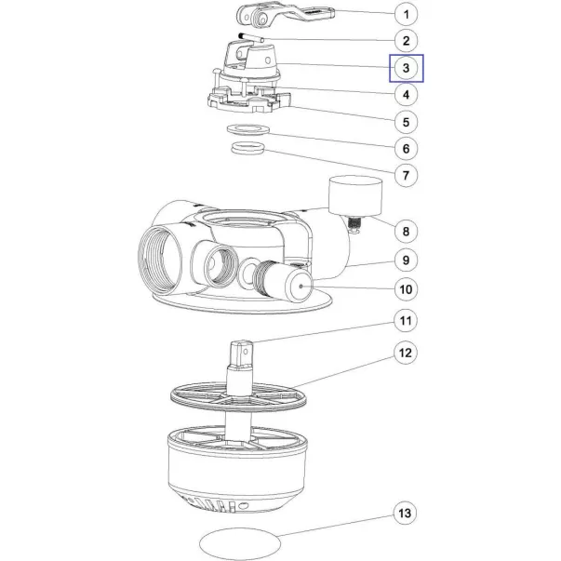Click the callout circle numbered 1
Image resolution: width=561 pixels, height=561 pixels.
pos(406,14)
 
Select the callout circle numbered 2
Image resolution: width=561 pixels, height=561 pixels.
pos(406,41)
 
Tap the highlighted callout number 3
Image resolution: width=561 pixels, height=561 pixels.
pos(406,68)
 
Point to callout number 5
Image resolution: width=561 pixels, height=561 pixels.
pos(406,122)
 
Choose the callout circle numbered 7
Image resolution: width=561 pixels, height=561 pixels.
pos(406,175)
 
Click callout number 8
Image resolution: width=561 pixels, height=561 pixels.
pos(406,231)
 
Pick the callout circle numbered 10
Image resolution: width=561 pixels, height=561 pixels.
pos(406,289)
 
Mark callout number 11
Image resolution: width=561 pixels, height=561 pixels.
pos(406,321)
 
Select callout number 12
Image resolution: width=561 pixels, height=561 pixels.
pos(406,353)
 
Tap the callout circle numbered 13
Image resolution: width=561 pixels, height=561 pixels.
pos(405,513)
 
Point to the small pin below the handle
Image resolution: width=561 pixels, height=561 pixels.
pos(251,37)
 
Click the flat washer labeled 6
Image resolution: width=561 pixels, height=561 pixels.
pos(248,128)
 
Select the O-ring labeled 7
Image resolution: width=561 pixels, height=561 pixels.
pos(248,147)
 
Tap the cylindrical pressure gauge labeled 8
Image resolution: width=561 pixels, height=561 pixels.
pos(355,196)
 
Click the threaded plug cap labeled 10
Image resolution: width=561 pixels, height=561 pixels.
pos(284,282)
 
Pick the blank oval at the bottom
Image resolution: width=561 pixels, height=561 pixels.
pos(240,543)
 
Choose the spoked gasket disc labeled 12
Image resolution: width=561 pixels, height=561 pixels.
pos(239,397)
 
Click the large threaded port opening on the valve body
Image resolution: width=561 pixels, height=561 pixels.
pos(160,259)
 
